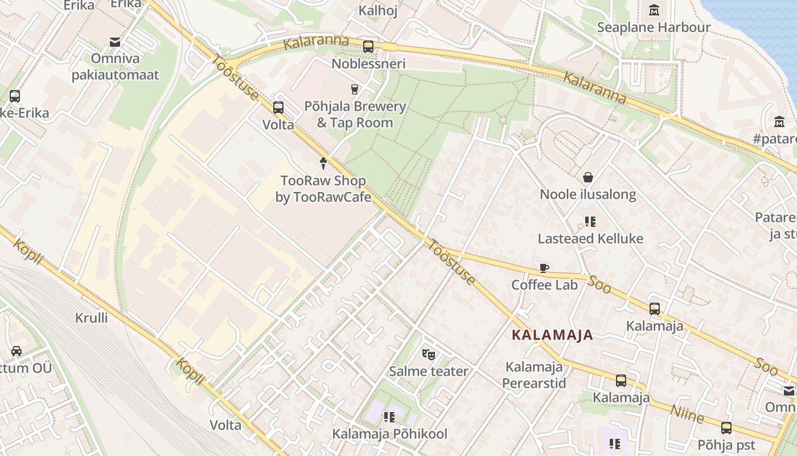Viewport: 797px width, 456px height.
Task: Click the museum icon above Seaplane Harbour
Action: tap(654, 10)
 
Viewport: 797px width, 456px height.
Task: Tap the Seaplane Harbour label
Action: tap(654, 27)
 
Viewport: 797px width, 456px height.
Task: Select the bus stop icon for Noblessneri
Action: tap(368, 47)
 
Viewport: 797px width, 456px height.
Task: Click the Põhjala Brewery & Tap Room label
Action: tap(355, 115)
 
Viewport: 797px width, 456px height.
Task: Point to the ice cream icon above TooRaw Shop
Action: tap(323, 164)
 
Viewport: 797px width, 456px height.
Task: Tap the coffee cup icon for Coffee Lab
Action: tap(544, 268)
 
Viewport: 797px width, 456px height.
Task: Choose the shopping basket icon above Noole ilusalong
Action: tap(588, 178)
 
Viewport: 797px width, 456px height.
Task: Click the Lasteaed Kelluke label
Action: tap(590, 238)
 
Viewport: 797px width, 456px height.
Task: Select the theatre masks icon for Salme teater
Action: tap(429, 354)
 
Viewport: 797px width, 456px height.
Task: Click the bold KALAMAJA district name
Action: tap(552, 335)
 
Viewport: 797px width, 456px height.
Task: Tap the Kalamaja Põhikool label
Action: tap(390, 434)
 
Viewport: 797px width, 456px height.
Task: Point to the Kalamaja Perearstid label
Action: tap(534, 374)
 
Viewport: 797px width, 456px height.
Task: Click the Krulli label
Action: tap(91, 317)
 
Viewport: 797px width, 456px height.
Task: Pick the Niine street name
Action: tap(687, 414)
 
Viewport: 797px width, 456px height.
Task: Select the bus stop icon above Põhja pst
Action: tap(726, 427)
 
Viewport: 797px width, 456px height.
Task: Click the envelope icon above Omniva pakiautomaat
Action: tap(116, 42)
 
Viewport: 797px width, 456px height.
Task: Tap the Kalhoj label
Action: tap(377, 10)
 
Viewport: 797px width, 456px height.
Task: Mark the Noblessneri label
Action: tap(368, 63)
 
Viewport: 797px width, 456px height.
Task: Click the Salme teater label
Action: tap(429, 371)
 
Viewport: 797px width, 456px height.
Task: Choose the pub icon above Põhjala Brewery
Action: tap(355, 89)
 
